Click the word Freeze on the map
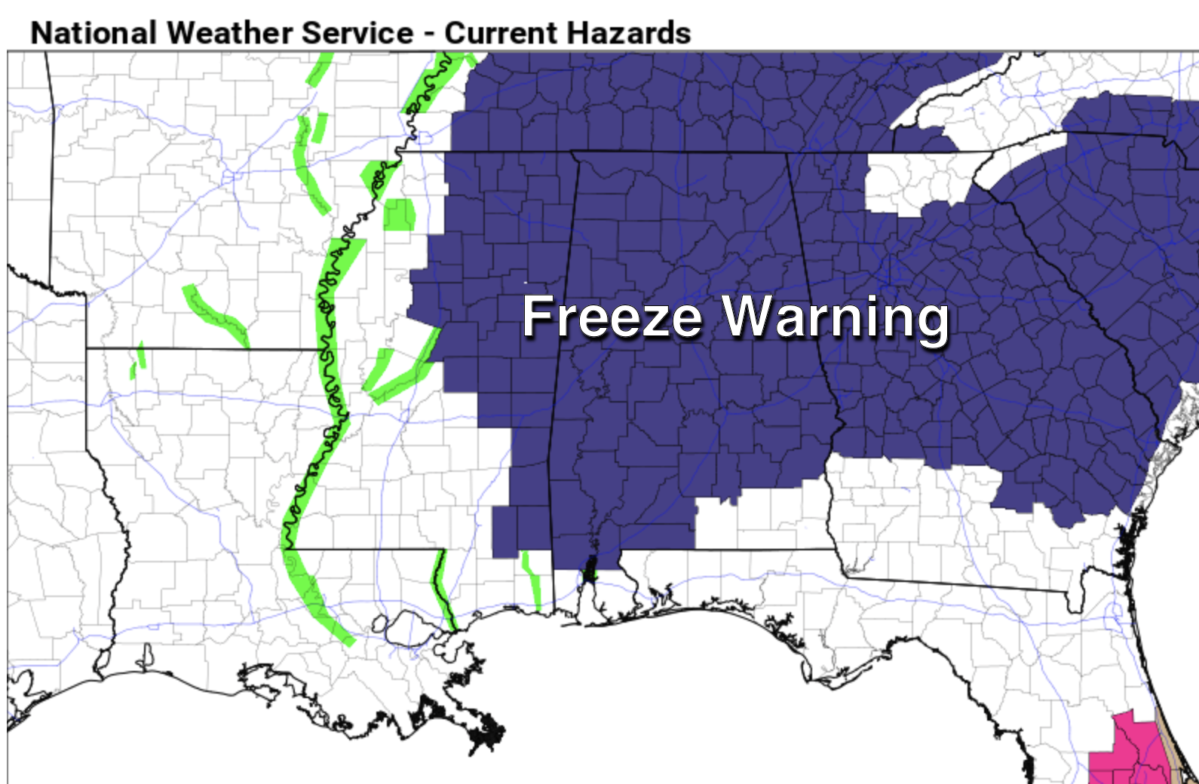(x=612, y=317)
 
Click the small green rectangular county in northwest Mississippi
(x=399, y=215)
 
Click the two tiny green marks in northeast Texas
(x=138, y=360)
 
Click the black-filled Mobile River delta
(x=589, y=569)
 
